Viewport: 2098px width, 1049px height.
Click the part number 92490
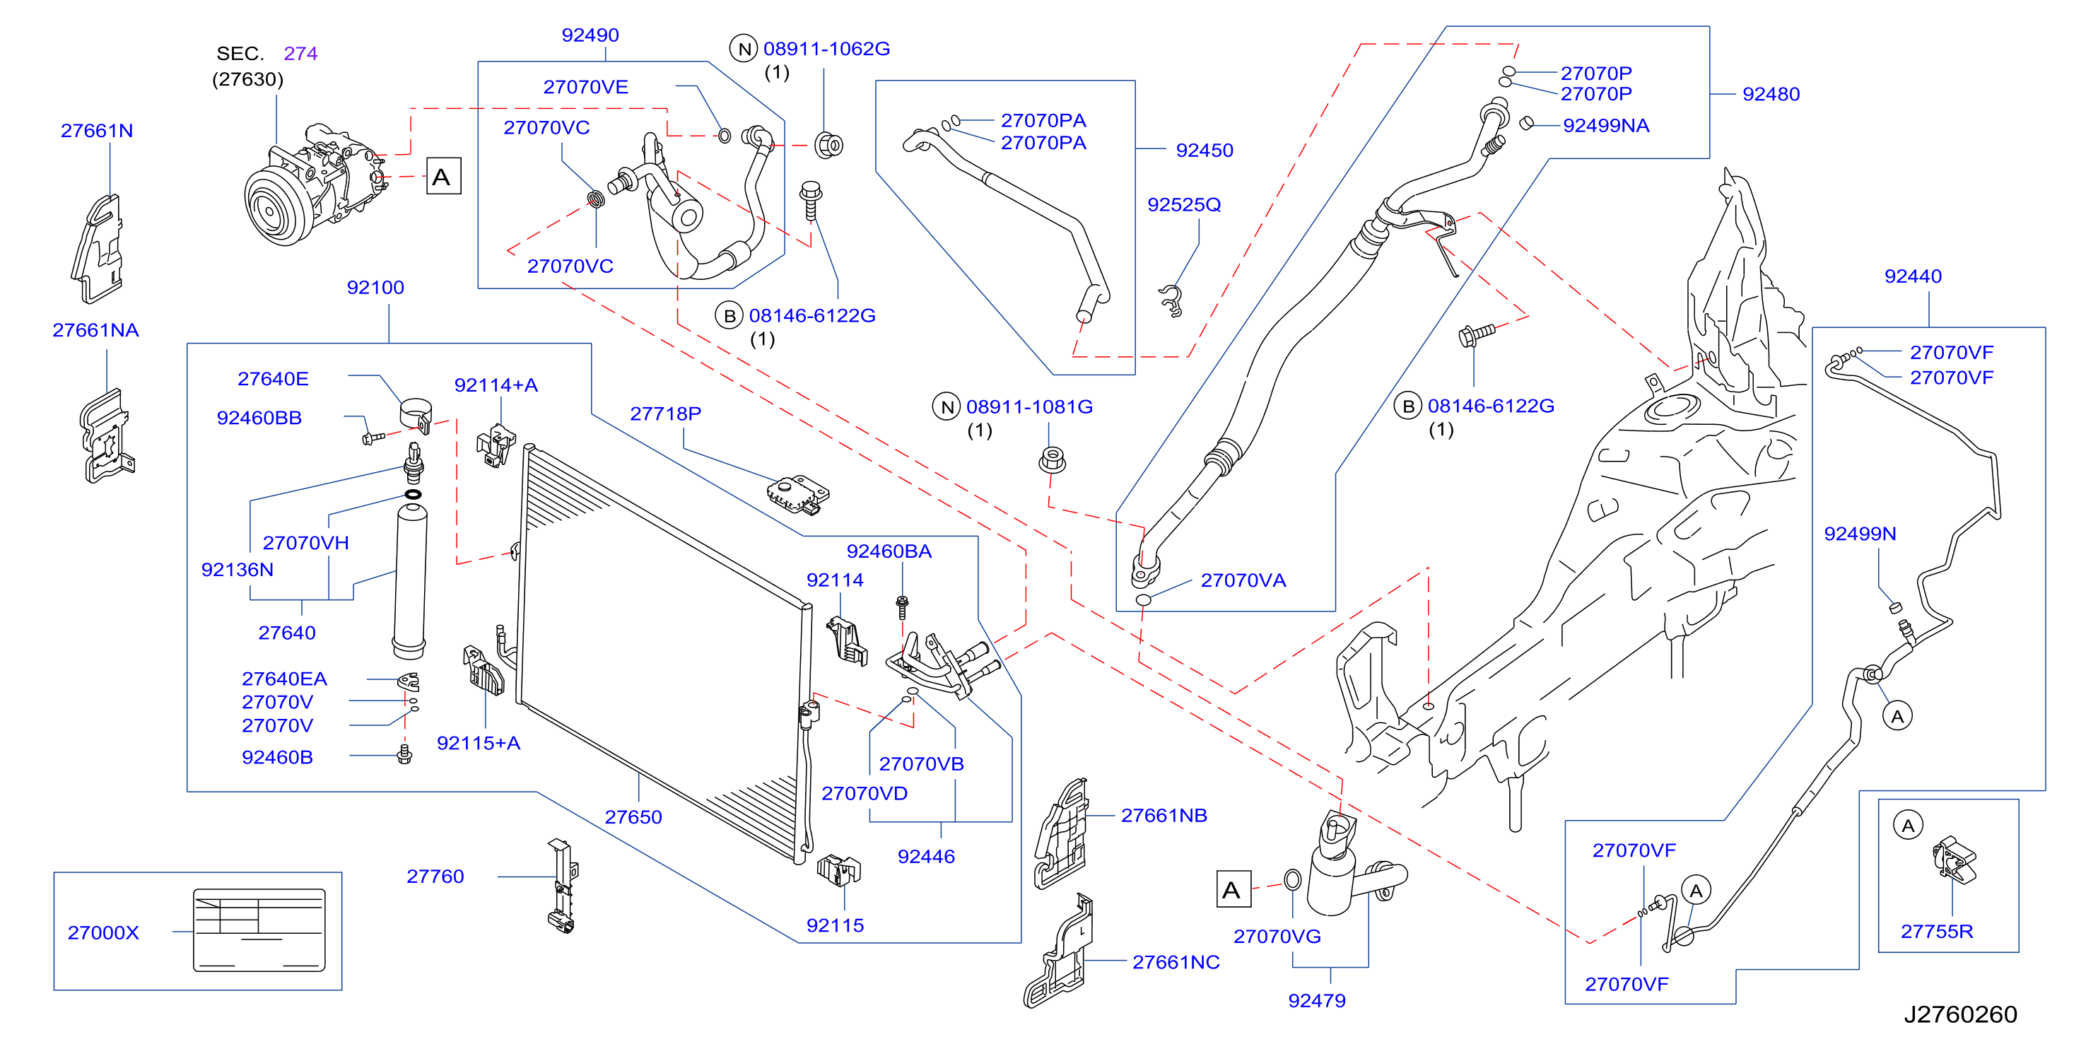pyautogui.click(x=590, y=35)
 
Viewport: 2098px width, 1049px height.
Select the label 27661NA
pyautogui.click(x=95, y=330)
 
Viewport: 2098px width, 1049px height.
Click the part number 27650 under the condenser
pyautogui.click(x=633, y=817)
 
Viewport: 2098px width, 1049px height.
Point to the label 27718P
pyautogui.click(x=665, y=414)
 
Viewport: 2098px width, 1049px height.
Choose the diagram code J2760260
pyautogui.click(x=1960, y=1014)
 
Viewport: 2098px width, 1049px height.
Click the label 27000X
pyautogui.click(x=103, y=932)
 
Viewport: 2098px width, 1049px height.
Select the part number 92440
pyautogui.click(x=1912, y=276)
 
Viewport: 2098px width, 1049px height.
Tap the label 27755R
pyautogui.click(x=1937, y=931)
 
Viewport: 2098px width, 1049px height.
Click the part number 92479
pyautogui.click(x=1316, y=1000)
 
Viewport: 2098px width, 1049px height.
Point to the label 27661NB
pyautogui.click(x=1164, y=815)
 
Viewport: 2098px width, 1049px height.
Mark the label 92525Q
pyautogui.click(x=1184, y=204)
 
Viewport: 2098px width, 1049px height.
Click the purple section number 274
pyautogui.click(x=300, y=54)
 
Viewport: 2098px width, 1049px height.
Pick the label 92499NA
pyautogui.click(x=1606, y=125)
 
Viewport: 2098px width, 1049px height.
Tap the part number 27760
pyautogui.click(x=435, y=877)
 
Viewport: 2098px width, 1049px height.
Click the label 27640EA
pyautogui.click(x=284, y=679)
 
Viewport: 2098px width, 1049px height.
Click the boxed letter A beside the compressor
pyautogui.click(x=444, y=177)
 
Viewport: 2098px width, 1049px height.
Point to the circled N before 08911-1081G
pyautogui.click(x=947, y=406)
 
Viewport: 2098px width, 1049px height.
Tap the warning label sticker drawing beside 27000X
pyautogui.click(x=259, y=930)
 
